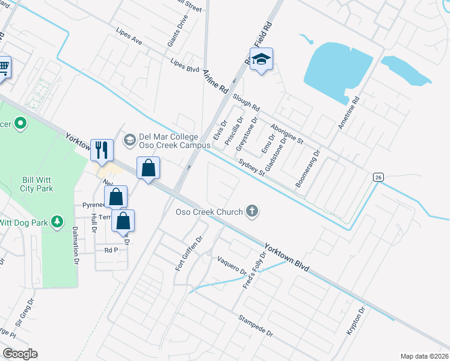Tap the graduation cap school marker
262,59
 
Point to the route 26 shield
378,177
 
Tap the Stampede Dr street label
255,326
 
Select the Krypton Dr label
356,322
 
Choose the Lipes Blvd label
184,65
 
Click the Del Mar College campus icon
129,140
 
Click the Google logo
20,354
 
